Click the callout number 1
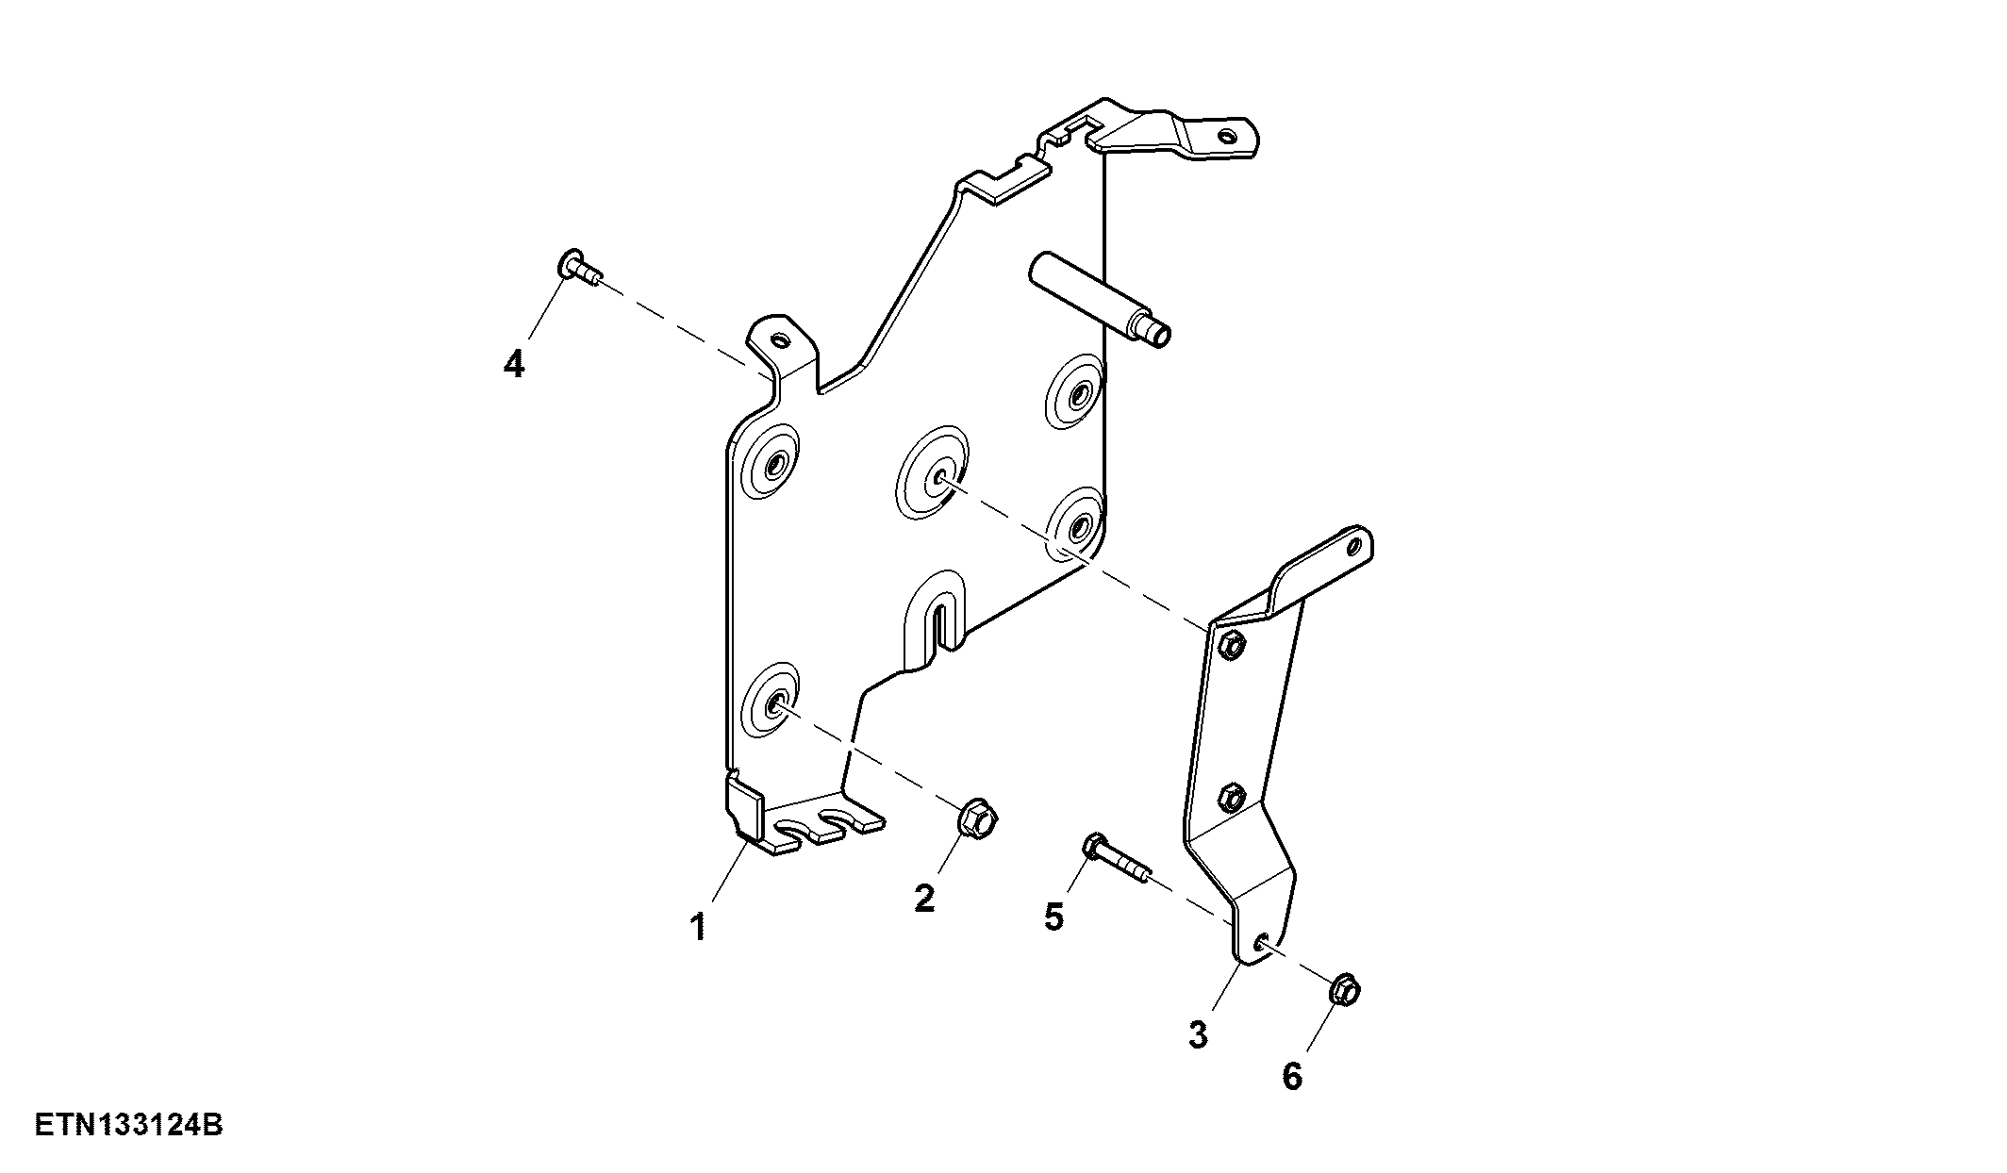698,928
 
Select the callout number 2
924,898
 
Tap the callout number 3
1198,1034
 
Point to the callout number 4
513,363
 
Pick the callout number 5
1053,916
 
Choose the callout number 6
1292,1076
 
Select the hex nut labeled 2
978,818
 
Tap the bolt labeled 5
1117,858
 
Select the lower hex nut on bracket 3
1229,798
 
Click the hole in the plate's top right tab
1225,136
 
